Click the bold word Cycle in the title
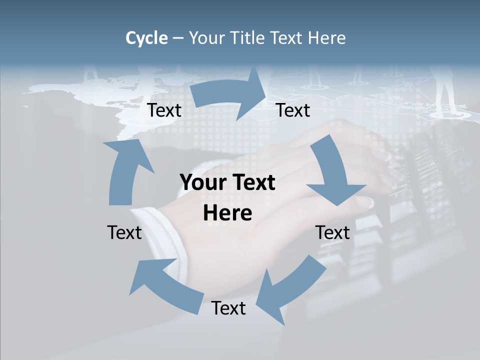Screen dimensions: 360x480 (x=146, y=38)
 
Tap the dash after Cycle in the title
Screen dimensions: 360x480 (x=178, y=38)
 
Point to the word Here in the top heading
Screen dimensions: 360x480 (x=327, y=38)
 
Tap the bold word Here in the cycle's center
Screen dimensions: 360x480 (x=227, y=213)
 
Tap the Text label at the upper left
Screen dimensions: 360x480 (x=164, y=110)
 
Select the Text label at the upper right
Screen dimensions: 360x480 (x=293, y=110)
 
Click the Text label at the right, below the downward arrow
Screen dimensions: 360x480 (x=332, y=232)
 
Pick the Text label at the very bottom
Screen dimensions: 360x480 (x=228, y=308)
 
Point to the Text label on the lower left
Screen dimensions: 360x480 (x=124, y=232)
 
